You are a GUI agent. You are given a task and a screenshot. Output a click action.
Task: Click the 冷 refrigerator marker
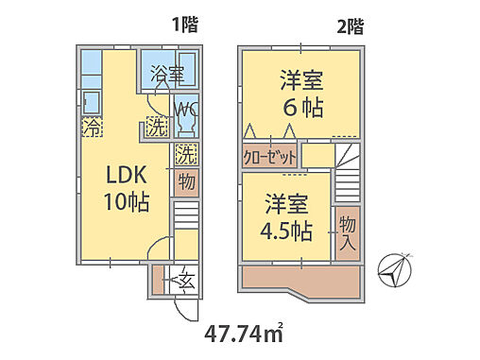(x=92, y=127)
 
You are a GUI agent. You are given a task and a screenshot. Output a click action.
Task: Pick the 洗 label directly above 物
(x=186, y=151)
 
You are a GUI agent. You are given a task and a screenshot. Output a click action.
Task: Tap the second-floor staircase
(x=347, y=166)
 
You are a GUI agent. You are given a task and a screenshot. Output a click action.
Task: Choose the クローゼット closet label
(x=269, y=157)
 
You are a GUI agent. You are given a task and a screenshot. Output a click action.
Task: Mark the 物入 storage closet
(x=347, y=231)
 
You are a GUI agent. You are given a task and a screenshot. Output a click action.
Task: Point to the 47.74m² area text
(x=244, y=334)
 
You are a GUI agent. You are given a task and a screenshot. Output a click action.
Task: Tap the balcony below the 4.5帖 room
(x=300, y=278)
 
